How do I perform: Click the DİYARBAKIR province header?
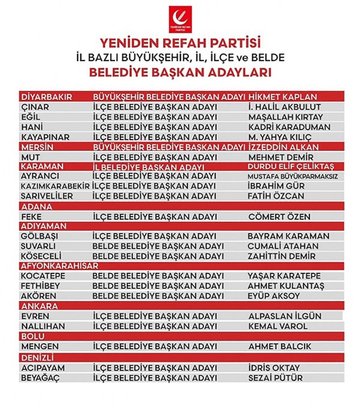pyautogui.click(x=47, y=97)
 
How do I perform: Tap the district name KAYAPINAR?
pyautogui.click(x=46, y=137)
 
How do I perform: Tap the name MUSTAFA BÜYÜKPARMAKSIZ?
pyautogui.click(x=292, y=176)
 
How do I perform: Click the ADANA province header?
pyautogui.click(x=36, y=207)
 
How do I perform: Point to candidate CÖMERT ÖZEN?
pyautogui.click(x=279, y=217)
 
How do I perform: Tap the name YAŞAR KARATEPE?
pyautogui.click(x=284, y=276)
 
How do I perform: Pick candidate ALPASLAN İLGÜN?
pyautogui.click(x=285, y=316)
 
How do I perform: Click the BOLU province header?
pyautogui.click(x=32, y=336)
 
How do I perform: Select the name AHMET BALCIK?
pyautogui.click(x=280, y=346)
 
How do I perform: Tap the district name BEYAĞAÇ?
pyautogui.click(x=41, y=378)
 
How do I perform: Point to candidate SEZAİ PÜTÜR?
pyautogui.click(x=275, y=378)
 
